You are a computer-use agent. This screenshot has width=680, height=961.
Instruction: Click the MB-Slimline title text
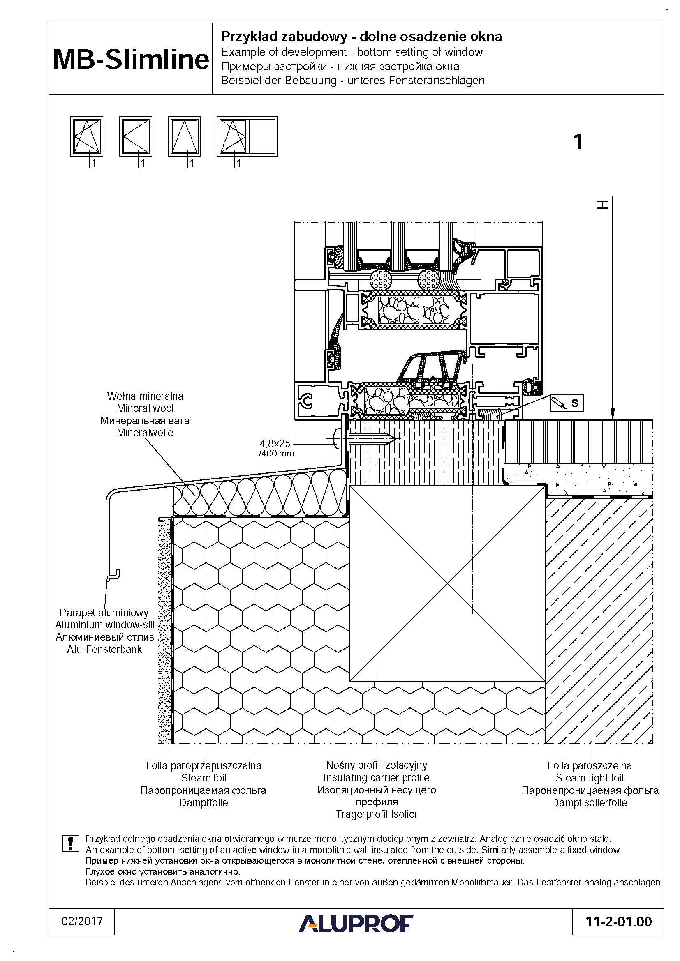tap(131, 60)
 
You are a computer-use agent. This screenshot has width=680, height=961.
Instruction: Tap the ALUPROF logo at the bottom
tap(356, 923)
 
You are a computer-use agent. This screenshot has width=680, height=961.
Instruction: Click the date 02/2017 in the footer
tap(82, 921)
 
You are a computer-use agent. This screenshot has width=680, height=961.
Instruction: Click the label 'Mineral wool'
tap(145, 408)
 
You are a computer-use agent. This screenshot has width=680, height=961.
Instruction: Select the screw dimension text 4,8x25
tap(275, 443)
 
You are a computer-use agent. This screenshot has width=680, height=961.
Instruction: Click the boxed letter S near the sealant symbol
tap(575, 403)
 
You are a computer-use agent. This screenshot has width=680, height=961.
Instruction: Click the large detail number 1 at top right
tap(578, 142)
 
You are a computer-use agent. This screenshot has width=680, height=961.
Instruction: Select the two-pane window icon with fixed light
tap(247, 136)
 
